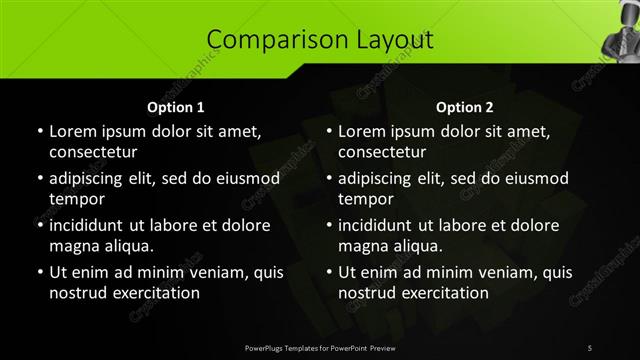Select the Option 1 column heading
click(176, 106)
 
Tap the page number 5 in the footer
click(590, 346)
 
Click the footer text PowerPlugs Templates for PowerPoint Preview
click(320, 346)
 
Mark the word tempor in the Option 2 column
click(364, 199)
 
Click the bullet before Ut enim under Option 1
click(39, 272)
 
